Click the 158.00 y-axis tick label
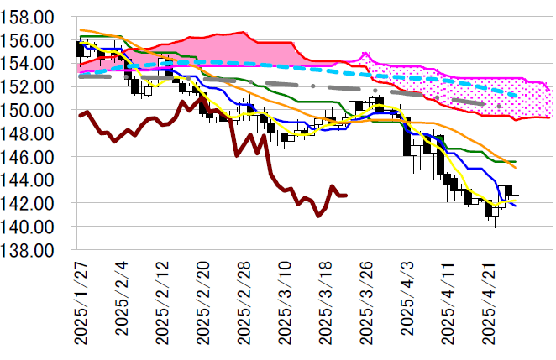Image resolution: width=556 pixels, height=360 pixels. pos(33,17)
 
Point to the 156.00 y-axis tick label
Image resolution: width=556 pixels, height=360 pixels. pos(33,40)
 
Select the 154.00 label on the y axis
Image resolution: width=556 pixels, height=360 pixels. pos(33,64)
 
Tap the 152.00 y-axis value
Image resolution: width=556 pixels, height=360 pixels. pos(33,87)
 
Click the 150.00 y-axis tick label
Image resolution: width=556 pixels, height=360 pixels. pos(33,111)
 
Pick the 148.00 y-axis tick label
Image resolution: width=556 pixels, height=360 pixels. pos(33,133)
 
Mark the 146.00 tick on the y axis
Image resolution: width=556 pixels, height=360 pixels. pos(33,157)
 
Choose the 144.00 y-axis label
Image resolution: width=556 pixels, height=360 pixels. pos(33,180)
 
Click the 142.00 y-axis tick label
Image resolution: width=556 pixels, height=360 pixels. pos(33,204)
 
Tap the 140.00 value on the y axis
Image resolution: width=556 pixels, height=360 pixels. pos(33,227)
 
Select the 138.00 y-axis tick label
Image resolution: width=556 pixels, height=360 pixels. pos(33,250)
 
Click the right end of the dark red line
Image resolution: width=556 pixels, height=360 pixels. pos(347,196)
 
